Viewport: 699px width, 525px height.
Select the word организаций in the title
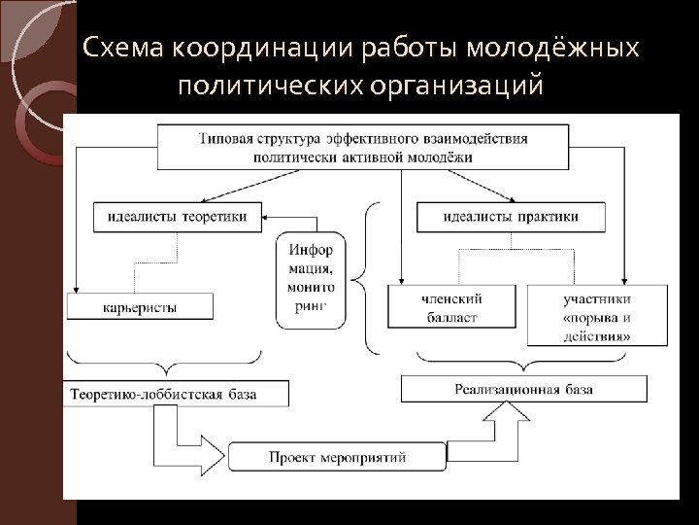[457, 87]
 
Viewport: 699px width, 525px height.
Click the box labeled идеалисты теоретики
[178, 216]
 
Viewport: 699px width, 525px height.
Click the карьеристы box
[139, 307]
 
